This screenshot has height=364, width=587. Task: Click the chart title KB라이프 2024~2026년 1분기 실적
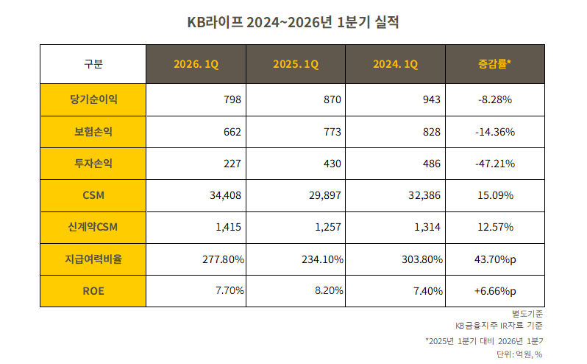pos(293,23)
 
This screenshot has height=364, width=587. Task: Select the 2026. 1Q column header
pos(196,64)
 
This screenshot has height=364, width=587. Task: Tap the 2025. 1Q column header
pos(296,64)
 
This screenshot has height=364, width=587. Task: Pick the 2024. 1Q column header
pos(395,64)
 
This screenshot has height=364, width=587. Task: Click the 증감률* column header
pos(494,64)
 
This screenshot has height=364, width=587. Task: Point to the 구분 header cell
pos(93,64)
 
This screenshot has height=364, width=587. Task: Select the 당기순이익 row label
pos(93,99)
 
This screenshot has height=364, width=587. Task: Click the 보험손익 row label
pos(93,131)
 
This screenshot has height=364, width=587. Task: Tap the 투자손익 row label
pos(93,164)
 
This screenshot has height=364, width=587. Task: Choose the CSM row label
pos(93,195)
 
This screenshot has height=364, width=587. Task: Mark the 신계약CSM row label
pos(93,227)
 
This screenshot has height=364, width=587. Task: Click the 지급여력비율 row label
pos(93,259)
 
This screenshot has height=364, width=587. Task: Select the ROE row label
pos(93,290)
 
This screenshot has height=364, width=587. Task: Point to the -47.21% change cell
pos(494,164)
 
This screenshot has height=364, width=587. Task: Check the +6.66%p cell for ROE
pos(494,290)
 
